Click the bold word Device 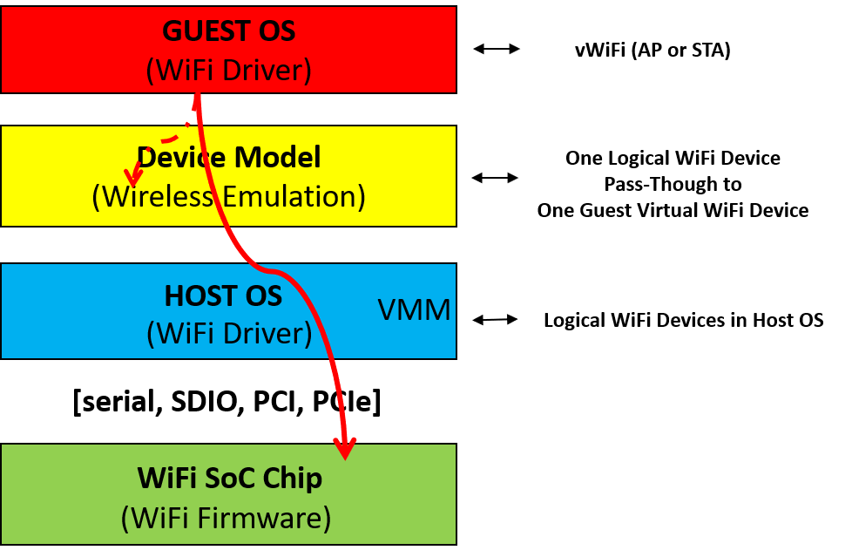point(179,158)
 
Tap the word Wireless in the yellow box point(158,196)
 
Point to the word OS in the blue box point(265,296)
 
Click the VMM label point(414,310)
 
